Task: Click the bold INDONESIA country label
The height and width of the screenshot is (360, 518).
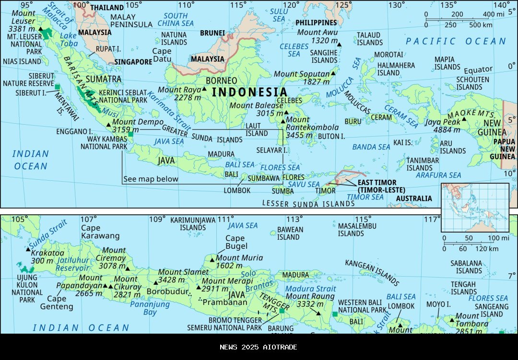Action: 249,92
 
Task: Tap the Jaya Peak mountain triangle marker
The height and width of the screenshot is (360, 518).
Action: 464,119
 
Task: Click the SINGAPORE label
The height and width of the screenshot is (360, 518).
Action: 133,62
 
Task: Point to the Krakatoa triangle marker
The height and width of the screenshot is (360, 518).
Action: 27,248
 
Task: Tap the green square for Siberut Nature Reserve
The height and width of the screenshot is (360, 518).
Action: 58,87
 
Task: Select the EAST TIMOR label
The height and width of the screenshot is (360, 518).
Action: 377,183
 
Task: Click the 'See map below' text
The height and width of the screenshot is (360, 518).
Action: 151,179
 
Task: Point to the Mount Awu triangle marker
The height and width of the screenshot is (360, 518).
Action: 340,44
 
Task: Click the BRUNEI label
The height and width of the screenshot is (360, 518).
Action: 212,33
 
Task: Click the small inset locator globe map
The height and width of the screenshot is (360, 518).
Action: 475,207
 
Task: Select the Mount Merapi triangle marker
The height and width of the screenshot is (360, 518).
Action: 199,288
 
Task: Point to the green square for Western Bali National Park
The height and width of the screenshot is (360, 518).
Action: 335,314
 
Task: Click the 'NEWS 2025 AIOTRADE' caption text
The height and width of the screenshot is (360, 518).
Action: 259,347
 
